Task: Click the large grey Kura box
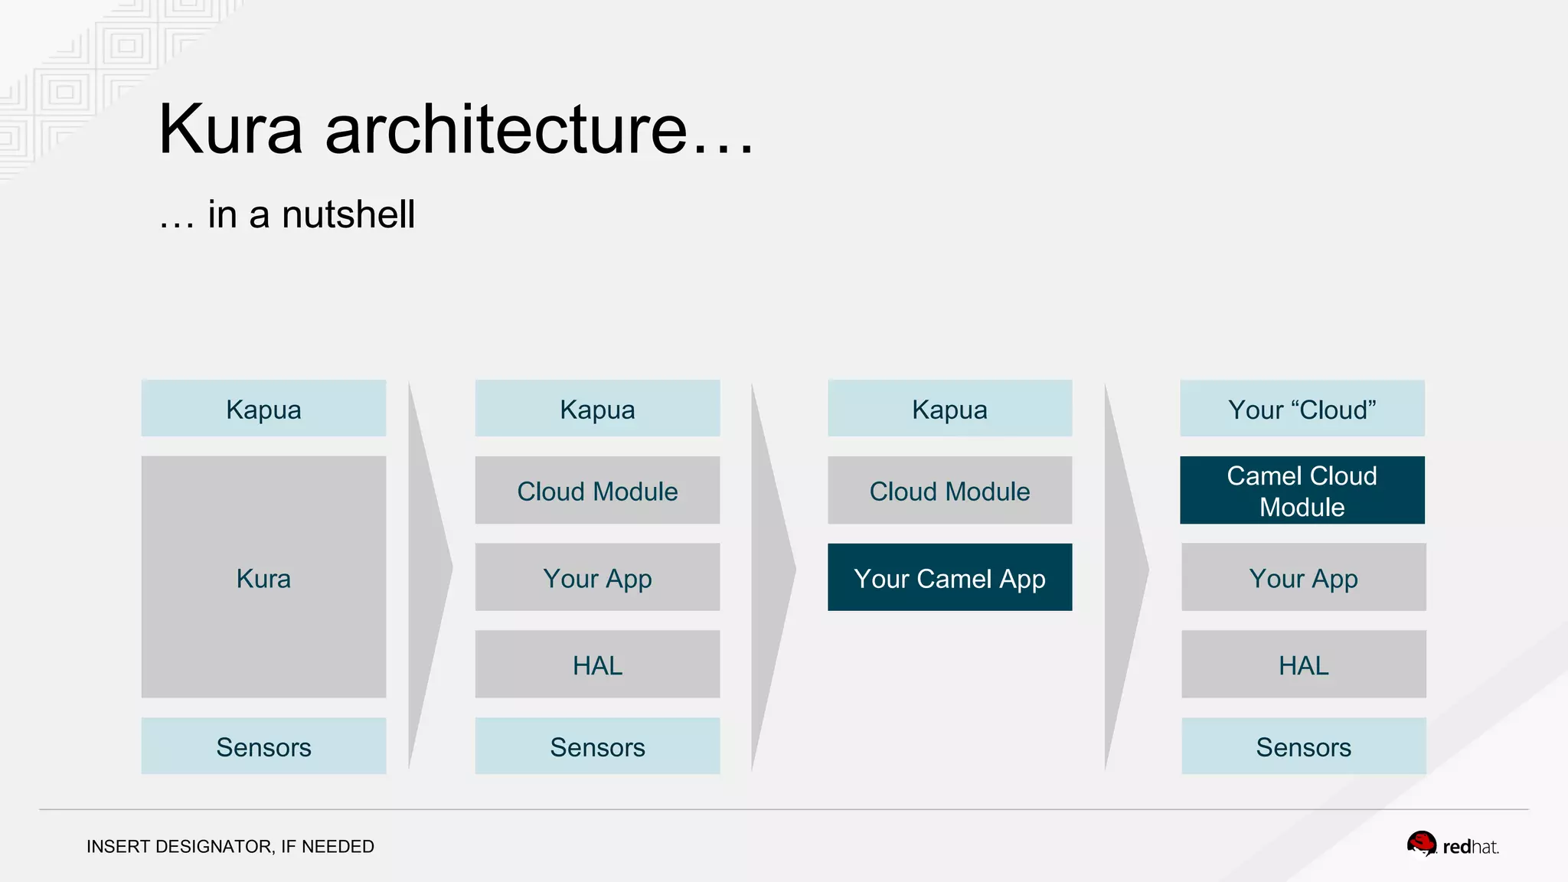pyautogui.click(x=263, y=577)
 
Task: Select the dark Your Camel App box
pyautogui.click(x=949, y=577)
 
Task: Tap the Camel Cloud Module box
pyautogui.click(x=1302, y=490)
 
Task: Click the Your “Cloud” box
pyautogui.click(x=1302, y=408)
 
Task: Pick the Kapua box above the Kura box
pyautogui.click(x=263, y=408)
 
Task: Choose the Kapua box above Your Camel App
pyautogui.click(x=949, y=408)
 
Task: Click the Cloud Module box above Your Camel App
pyautogui.click(x=949, y=490)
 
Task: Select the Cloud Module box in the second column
pyautogui.click(x=597, y=490)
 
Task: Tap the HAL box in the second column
pyautogui.click(x=597, y=664)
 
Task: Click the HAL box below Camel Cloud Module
pyautogui.click(x=1303, y=664)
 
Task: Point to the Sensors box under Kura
pyautogui.click(x=263, y=746)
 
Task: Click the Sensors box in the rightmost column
pyautogui.click(x=1303, y=746)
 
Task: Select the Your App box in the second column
pyautogui.click(x=597, y=577)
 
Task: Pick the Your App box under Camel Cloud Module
pyautogui.click(x=1303, y=577)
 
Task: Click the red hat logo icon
pyautogui.click(x=1421, y=844)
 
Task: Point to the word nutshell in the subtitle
pyautogui.click(x=348, y=214)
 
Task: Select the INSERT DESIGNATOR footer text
pyautogui.click(x=230, y=846)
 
